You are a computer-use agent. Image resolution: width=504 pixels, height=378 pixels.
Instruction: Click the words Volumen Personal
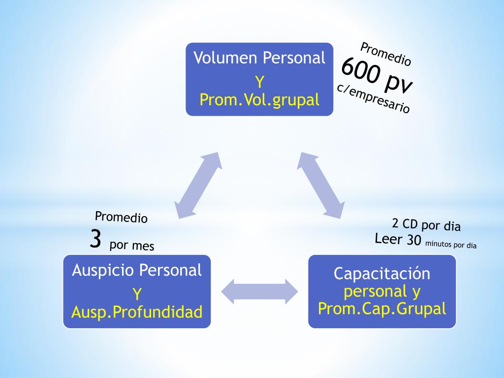click(259, 58)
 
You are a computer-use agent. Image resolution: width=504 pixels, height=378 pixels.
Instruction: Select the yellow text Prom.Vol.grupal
click(259, 100)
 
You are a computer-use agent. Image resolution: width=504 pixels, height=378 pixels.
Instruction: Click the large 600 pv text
click(377, 75)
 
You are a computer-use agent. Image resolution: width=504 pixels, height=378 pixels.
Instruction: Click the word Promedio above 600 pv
click(386, 54)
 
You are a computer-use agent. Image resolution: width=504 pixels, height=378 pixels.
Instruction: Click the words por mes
click(132, 245)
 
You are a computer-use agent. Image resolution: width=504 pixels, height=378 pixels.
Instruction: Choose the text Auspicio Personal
click(137, 270)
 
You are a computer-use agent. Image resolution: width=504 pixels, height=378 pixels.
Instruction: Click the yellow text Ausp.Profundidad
click(137, 312)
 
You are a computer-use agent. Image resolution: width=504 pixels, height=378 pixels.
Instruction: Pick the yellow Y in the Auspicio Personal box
click(137, 294)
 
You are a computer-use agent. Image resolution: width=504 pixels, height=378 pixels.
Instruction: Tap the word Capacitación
click(382, 273)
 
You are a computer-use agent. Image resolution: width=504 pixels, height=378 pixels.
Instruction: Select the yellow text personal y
click(382, 291)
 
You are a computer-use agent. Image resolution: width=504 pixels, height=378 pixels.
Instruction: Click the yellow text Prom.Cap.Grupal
click(382, 309)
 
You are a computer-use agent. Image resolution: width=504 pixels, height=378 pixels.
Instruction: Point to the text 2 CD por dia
click(426, 225)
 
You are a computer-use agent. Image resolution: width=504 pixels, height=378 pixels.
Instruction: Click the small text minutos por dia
click(451, 244)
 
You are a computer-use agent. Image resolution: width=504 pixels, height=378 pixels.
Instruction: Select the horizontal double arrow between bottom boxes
click(259, 291)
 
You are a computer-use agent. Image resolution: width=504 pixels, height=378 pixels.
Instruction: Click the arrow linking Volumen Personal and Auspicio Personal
click(198, 185)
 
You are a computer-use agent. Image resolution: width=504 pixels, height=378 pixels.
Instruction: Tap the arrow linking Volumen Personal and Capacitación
click(321, 185)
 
